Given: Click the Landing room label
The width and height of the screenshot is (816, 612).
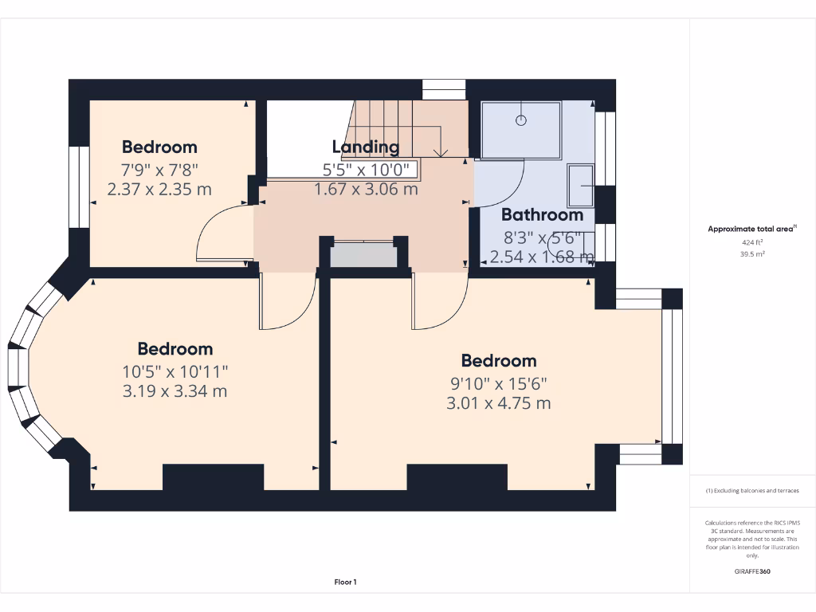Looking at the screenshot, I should pyautogui.click(x=365, y=147).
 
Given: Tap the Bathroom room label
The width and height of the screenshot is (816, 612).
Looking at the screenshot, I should pyautogui.click(x=542, y=214).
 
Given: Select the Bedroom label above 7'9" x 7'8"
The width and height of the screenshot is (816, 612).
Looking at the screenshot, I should pyautogui.click(x=159, y=147).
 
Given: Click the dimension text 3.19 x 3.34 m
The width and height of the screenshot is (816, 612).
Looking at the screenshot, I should pyautogui.click(x=175, y=391).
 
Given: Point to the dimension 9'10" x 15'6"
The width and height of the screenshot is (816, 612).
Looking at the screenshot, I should pyautogui.click(x=498, y=382).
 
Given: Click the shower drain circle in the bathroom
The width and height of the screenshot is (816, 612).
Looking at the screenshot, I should pyautogui.click(x=521, y=120).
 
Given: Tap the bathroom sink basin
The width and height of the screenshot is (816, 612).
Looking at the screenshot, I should pyautogui.click(x=581, y=186).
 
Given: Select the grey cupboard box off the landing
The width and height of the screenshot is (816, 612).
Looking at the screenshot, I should pyautogui.click(x=363, y=255).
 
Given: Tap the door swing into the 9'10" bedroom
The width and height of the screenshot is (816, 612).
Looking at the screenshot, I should pyautogui.click(x=437, y=303).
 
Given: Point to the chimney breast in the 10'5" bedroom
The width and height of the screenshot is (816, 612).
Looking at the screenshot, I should pyautogui.click(x=213, y=477).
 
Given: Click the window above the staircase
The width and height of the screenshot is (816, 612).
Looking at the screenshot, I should pyautogui.click(x=443, y=89).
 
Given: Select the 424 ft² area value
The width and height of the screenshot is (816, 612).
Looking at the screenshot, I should pyautogui.click(x=751, y=242).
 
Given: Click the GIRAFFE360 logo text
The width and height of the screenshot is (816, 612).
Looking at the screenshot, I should pyautogui.click(x=752, y=571).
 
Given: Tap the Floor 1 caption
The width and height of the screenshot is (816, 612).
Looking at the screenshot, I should pyautogui.click(x=345, y=583).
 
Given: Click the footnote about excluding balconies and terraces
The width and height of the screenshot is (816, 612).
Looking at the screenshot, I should pyautogui.click(x=752, y=491).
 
